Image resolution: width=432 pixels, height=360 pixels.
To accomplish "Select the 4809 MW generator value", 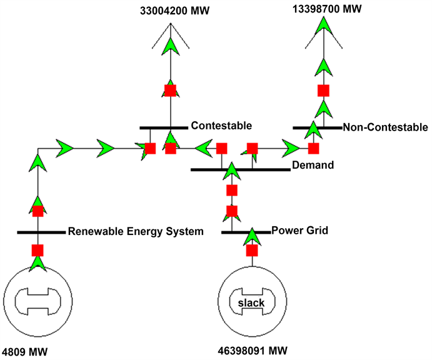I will point(25,351).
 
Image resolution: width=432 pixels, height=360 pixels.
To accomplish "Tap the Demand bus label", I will point(313,165).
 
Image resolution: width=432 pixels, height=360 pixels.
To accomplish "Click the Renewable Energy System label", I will point(136,231).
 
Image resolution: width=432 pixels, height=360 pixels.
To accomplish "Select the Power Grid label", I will point(300,231).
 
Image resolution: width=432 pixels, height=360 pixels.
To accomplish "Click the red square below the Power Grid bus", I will point(252,251).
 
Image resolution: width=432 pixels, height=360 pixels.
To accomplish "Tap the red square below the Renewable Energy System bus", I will point(38,251).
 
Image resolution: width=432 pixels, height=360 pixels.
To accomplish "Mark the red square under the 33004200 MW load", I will point(170,90).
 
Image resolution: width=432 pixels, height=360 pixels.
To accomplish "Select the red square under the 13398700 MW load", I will point(323,91).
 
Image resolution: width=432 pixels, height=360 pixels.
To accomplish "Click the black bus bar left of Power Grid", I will point(246,232).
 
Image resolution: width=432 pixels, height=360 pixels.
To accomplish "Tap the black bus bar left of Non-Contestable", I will point(317,127).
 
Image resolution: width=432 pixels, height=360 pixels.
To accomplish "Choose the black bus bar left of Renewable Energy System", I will point(41,232).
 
